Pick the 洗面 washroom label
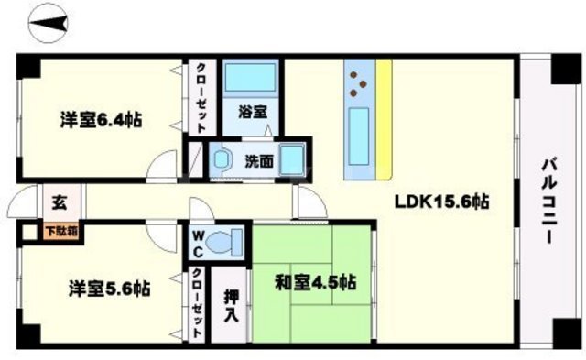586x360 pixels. pyautogui.click(x=258, y=162)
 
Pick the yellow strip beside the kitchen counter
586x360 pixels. pyautogui.click(x=385, y=118)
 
